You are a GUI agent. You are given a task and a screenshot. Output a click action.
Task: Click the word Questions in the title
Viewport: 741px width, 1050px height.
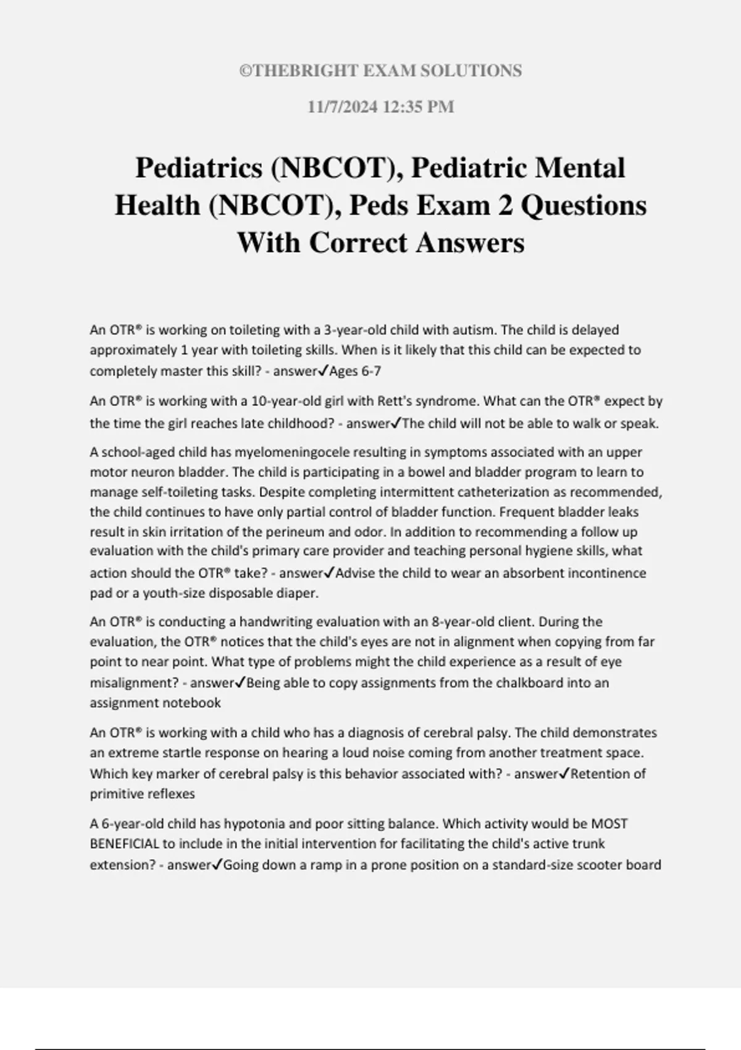584,205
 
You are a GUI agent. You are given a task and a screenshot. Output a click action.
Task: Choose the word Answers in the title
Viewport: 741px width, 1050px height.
470,242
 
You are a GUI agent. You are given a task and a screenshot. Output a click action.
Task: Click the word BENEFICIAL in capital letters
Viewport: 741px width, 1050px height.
125,844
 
